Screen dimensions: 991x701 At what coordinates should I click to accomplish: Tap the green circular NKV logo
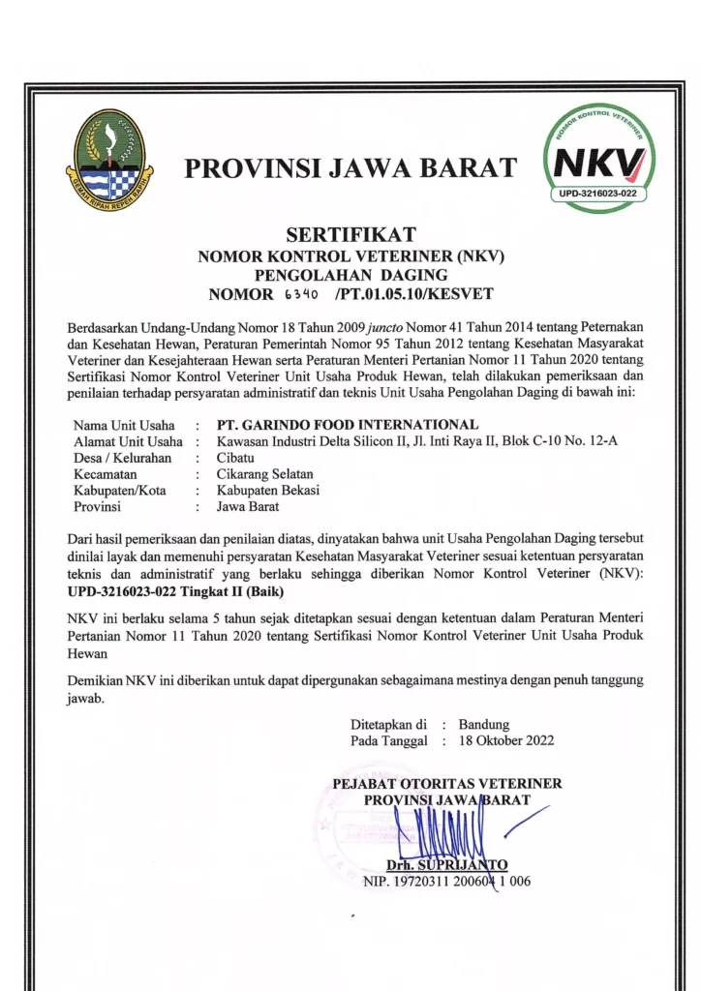point(596,158)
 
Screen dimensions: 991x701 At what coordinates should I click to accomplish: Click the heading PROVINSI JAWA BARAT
point(350,168)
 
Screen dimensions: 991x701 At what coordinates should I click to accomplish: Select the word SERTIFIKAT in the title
point(351,234)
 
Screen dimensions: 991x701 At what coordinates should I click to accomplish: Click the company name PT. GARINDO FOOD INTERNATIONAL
point(348,425)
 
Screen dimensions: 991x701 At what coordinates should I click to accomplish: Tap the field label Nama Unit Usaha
point(124,425)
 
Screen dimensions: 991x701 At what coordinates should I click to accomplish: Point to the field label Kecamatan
point(106,474)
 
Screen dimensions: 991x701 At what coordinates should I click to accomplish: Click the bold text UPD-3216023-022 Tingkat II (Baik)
point(176,590)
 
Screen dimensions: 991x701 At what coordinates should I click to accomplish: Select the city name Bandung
point(484,724)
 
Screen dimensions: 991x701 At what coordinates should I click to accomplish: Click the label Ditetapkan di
point(389,724)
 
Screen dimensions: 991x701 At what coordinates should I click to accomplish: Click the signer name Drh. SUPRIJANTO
point(446,864)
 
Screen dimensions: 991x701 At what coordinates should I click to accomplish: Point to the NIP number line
point(446,881)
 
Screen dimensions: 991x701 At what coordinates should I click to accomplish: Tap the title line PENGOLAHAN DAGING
point(350,275)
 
